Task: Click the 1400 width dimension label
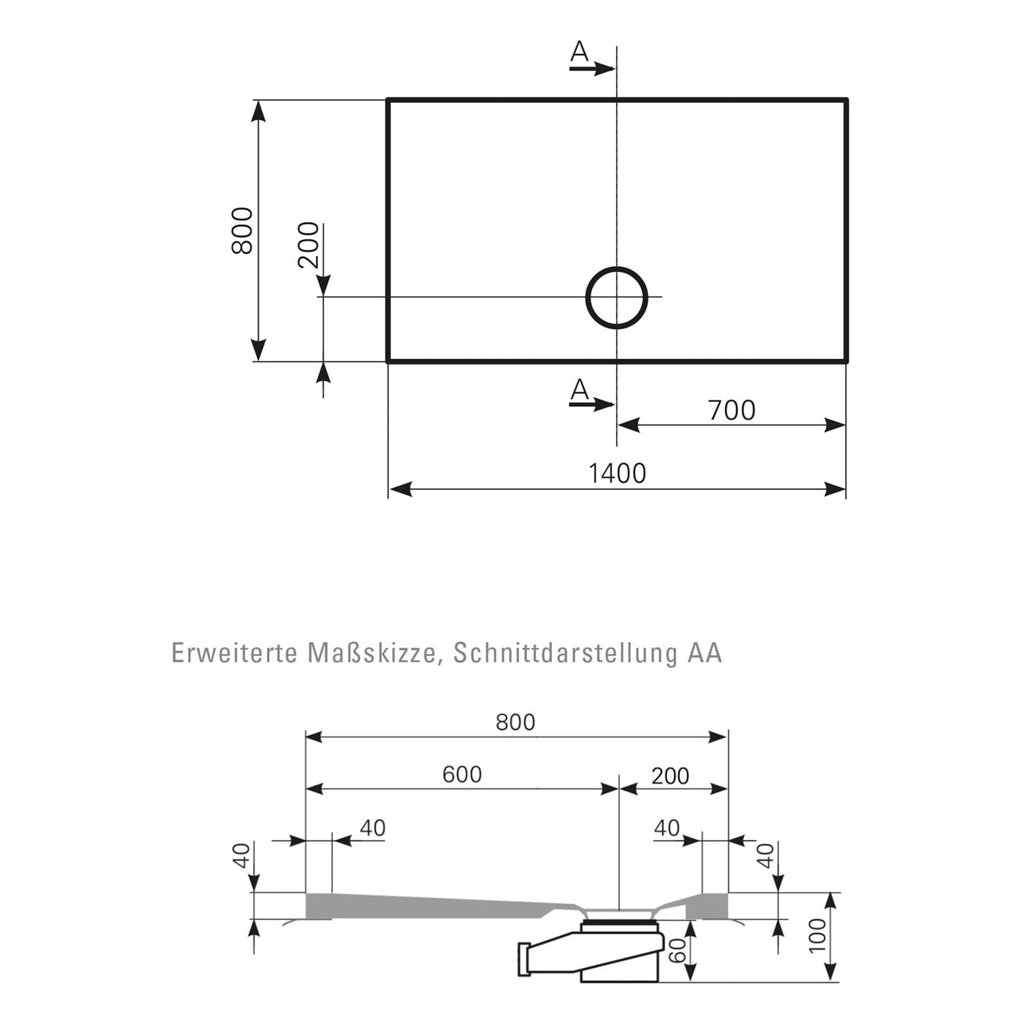(617, 473)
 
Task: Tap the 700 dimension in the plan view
(732, 410)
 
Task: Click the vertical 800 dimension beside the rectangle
(242, 231)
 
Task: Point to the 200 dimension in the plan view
(309, 245)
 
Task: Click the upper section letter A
(579, 51)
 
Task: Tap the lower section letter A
(579, 390)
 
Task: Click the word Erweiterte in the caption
(234, 653)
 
